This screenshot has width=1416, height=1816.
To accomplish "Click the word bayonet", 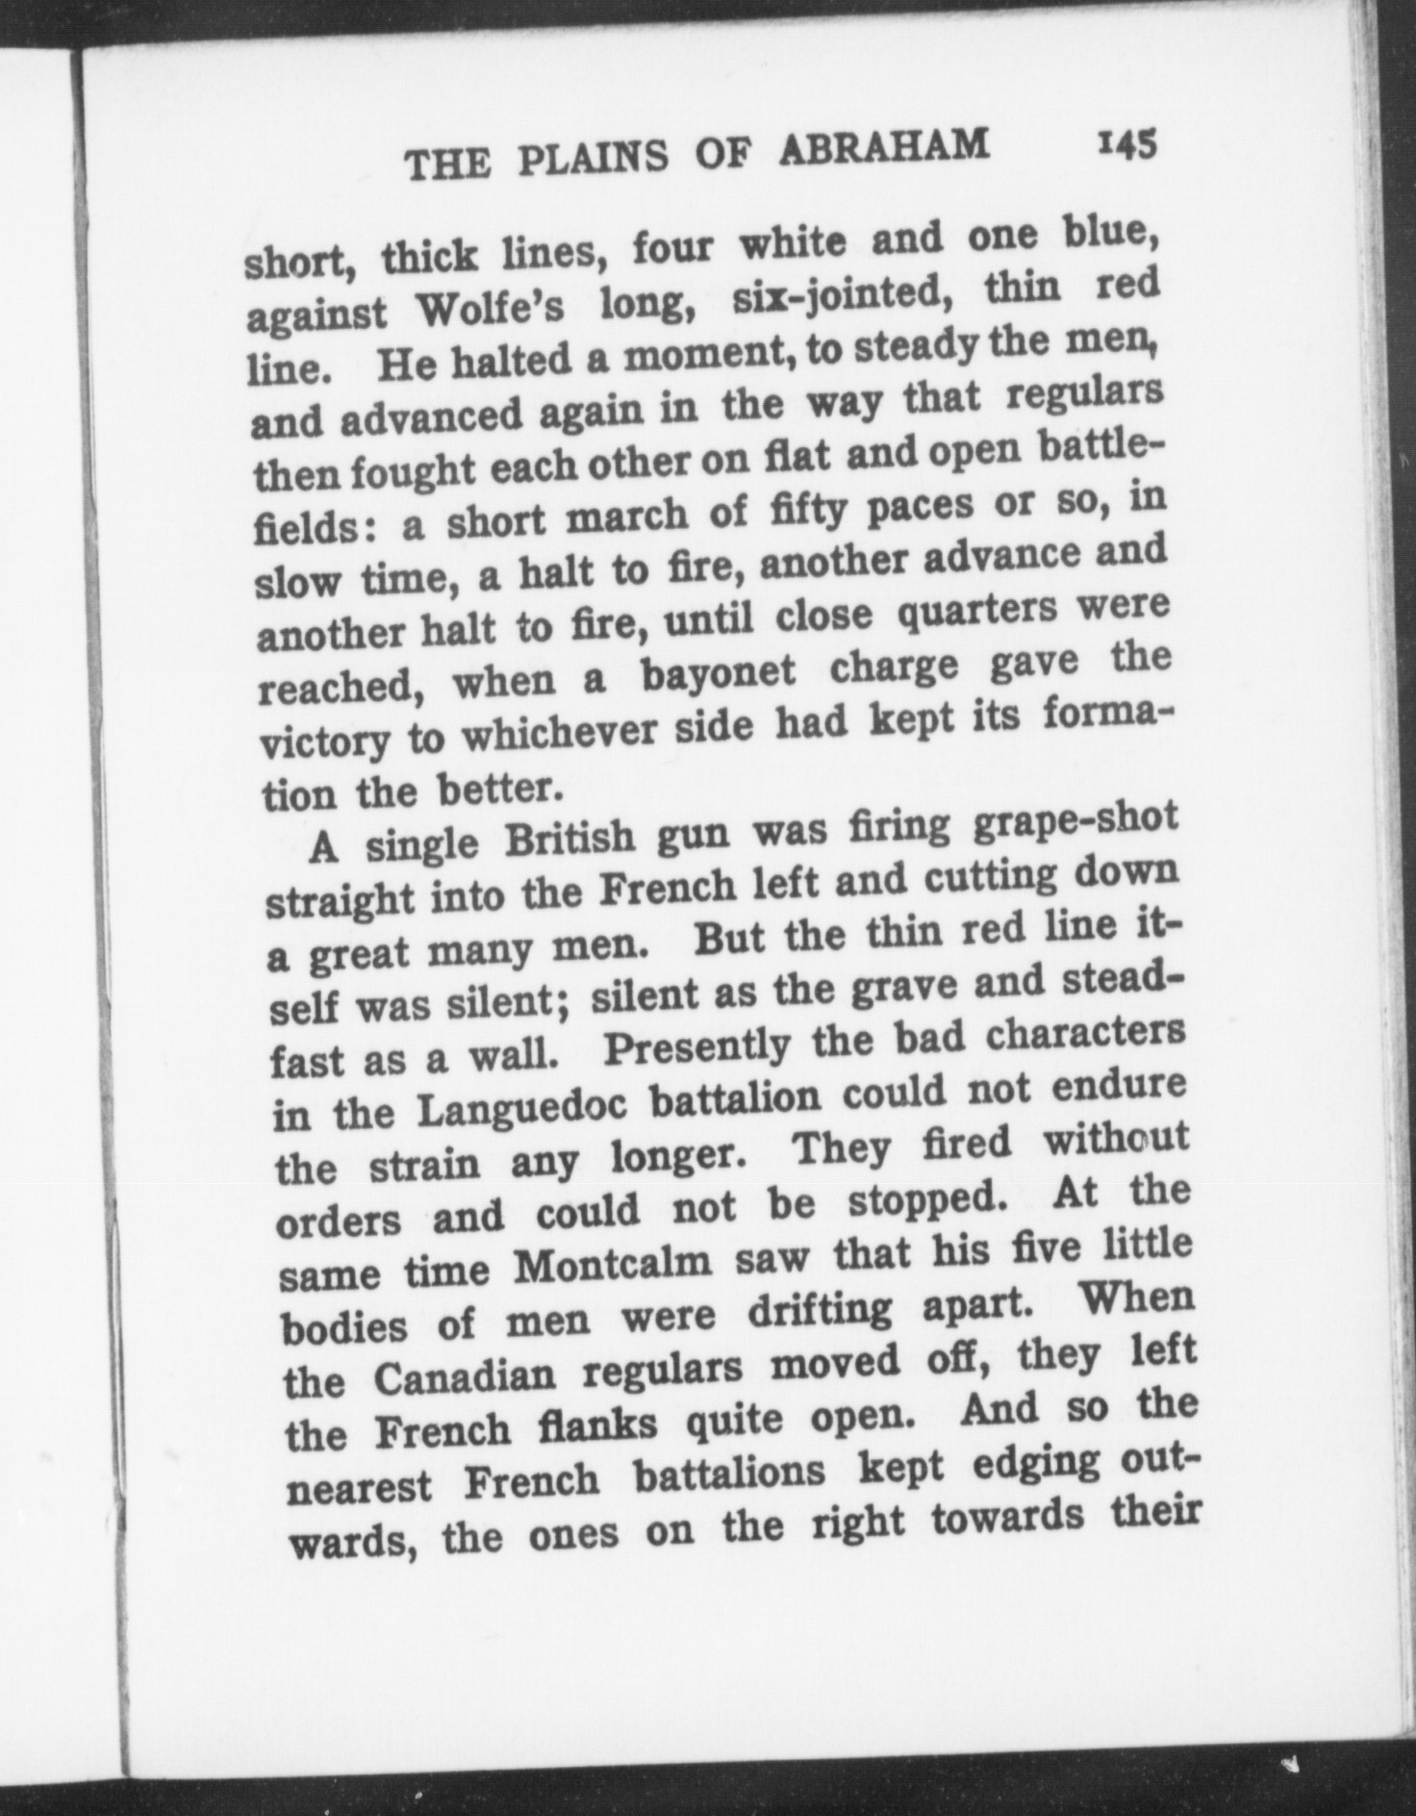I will click(x=718, y=673).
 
